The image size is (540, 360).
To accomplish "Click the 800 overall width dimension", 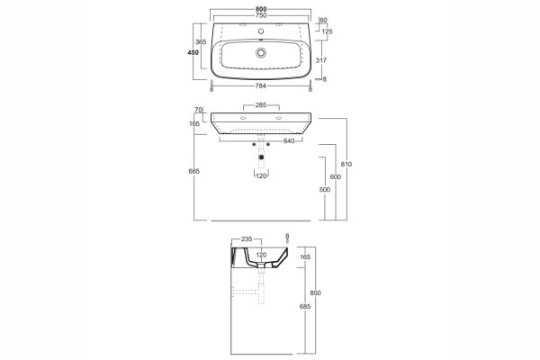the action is click(261, 9).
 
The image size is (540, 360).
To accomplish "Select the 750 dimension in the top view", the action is click(261, 15).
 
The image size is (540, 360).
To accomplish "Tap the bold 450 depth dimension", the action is click(193, 53).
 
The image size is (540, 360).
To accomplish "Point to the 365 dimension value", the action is click(201, 42).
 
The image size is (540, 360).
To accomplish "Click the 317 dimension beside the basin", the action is click(321, 60).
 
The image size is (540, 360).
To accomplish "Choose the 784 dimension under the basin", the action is click(261, 86).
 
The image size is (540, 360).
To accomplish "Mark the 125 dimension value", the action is click(328, 31).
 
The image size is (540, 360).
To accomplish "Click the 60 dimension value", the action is click(323, 21).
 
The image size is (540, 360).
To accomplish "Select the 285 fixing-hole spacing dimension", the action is click(261, 105).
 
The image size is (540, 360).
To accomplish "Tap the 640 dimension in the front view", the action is click(289, 141).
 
